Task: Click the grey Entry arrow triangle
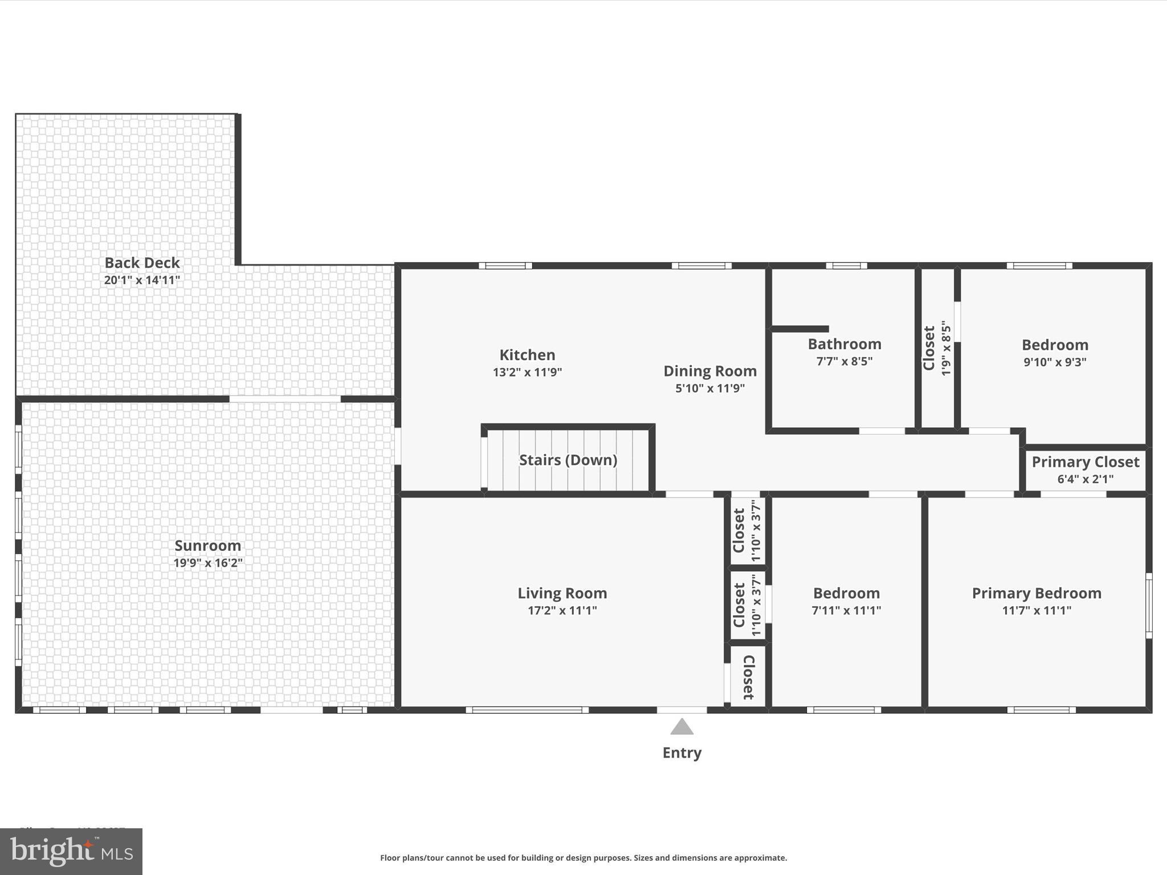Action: pos(682,727)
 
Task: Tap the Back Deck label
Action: pos(142,263)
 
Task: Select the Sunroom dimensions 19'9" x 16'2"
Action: pos(208,563)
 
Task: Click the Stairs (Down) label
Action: pos(568,460)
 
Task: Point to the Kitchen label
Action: pos(527,355)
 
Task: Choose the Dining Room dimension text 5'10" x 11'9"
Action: pos(710,389)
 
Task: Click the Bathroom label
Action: pos(844,344)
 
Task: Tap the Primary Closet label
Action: pos(1085,462)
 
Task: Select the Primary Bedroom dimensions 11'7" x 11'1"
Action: pos(1037,611)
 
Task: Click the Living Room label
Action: pos(562,593)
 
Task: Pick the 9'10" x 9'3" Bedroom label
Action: pos(1055,345)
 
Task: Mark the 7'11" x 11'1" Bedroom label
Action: pos(846,593)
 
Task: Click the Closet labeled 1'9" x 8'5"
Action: pos(929,348)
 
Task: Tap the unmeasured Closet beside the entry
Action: pos(749,677)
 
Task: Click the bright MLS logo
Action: pos(71,851)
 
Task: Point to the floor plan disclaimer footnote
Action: pos(583,857)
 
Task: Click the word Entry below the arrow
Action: pos(682,753)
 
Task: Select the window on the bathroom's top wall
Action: pos(846,265)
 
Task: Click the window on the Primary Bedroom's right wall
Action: pos(1149,606)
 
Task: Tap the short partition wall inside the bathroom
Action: pos(799,329)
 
